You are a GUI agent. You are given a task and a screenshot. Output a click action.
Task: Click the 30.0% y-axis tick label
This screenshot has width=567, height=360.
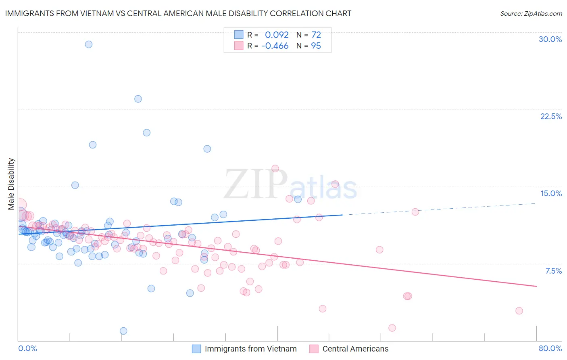click(550, 39)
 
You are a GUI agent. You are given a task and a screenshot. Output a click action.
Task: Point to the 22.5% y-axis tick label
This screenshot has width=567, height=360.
click(551, 116)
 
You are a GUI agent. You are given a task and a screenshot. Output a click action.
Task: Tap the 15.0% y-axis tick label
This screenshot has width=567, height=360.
click(551, 193)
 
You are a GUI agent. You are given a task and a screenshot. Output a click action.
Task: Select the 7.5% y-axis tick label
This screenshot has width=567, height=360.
click(553, 271)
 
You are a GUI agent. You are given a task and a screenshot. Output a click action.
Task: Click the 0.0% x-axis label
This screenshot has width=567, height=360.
click(27, 348)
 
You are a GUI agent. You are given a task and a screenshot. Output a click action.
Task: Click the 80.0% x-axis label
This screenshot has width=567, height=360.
click(550, 348)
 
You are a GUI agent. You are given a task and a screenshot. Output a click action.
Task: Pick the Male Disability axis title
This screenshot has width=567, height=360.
click(11, 184)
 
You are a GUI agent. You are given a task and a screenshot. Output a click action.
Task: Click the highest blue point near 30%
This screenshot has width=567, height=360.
click(89, 44)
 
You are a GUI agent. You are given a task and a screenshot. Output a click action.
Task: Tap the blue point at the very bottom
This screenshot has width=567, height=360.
click(123, 331)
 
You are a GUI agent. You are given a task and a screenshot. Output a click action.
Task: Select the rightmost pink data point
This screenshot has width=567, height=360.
click(519, 311)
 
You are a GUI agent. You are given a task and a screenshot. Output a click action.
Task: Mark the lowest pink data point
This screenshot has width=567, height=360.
click(392, 328)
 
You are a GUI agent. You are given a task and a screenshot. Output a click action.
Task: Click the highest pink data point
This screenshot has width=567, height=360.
click(275, 168)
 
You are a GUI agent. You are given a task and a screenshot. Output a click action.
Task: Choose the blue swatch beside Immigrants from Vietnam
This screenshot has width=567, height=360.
click(196, 349)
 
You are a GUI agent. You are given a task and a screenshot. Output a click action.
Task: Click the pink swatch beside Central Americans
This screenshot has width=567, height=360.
click(314, 349)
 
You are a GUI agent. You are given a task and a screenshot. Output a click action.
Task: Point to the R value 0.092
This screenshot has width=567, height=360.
click(277, 35)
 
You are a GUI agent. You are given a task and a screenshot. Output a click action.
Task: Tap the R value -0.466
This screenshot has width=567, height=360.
click(275, 46)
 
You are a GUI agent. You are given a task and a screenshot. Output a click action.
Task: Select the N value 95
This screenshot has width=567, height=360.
click(316, 46)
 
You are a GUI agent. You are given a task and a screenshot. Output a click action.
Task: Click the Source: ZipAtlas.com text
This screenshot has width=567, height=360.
click(531, 14)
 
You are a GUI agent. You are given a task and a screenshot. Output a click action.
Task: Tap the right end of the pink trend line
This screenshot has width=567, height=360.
click(536, 286)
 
